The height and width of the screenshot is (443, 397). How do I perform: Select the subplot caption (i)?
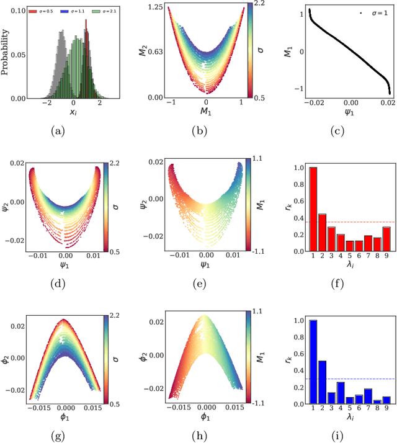(x=349, y=436)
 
